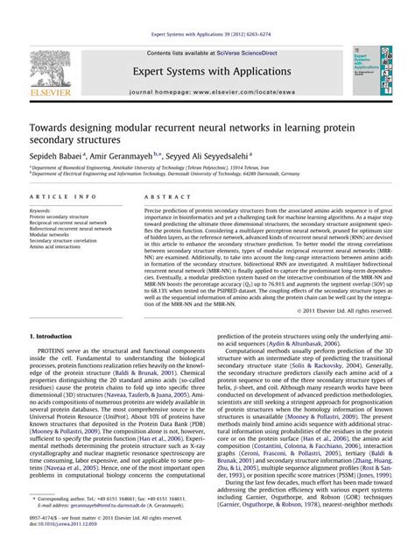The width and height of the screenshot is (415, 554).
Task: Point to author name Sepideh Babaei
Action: pyautogui.click(x=59, y=153)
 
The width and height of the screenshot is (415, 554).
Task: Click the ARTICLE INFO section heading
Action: pyautogui.click(x=56, y=198)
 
